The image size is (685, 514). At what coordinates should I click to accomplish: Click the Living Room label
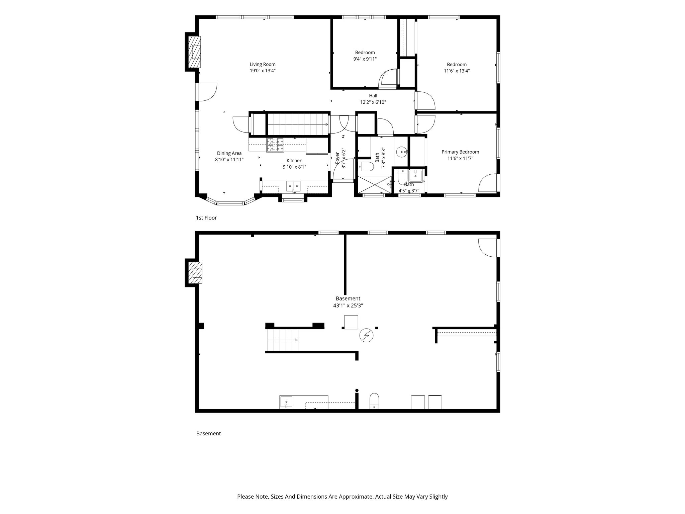pos(263,64)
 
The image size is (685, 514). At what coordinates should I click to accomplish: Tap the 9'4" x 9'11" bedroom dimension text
pos(365,59)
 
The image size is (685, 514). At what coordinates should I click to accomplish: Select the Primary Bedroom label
pos(460,152)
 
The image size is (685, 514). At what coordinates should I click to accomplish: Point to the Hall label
pos(373,96)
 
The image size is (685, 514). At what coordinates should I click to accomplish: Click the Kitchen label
pos(294,161)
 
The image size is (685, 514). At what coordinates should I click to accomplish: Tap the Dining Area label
pos(229,153)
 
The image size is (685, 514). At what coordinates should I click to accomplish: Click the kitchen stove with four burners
pos(275,145)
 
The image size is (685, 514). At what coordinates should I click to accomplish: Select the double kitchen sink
pos(293,186)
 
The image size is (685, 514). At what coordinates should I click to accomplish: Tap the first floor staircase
pos(298,124)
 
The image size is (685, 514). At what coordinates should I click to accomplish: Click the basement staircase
pos(283,340)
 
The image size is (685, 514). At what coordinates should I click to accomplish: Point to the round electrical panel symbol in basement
pos(366,335)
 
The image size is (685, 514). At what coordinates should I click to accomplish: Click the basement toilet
pos(374,401)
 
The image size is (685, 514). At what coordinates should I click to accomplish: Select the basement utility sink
pos(286,402)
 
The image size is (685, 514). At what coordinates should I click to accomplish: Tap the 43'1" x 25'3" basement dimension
pos(348,306)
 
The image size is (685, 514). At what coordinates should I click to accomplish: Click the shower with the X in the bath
pos(374,184)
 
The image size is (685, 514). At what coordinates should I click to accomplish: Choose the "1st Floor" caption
pos(206,218)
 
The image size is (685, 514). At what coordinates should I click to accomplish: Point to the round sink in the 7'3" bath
pos(401,152)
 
